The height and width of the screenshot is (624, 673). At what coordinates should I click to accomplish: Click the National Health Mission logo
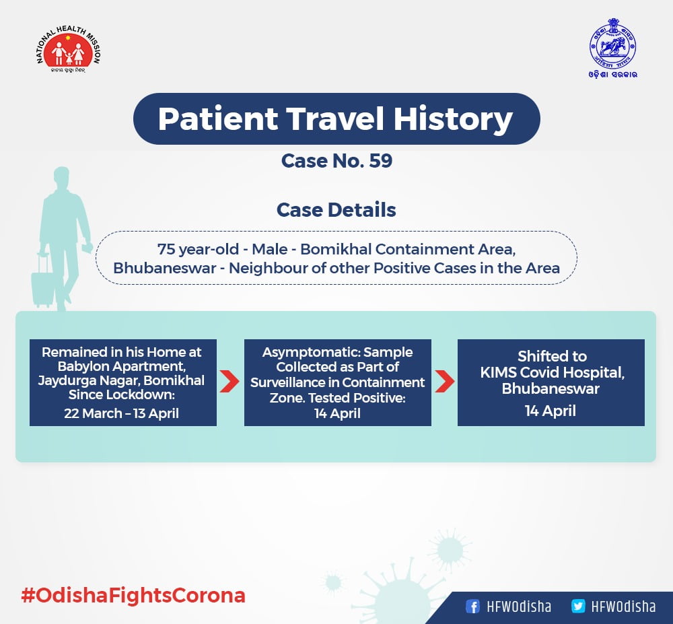tap(68, 49)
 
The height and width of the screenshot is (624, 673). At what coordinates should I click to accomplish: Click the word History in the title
tap(453, 119)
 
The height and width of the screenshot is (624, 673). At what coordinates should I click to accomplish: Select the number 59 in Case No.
tap(381, 161)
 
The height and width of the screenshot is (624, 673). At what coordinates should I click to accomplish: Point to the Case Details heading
tap(336, 210)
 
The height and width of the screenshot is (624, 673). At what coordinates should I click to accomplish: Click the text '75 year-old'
tap(198, 249)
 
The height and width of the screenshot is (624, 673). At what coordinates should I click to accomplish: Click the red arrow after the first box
tap(229, 381)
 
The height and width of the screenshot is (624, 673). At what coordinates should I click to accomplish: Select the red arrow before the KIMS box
tap(444, 381)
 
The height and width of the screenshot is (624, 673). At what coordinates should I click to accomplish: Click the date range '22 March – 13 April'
tap(121, 413)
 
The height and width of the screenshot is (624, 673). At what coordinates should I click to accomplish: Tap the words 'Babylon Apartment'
tap(121, 366)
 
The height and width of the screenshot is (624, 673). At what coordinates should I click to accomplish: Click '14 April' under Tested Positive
tap(337, 413)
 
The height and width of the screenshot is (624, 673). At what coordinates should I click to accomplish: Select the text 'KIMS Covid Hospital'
tap(552, 372)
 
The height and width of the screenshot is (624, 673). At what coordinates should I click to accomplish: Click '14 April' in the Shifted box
tap(551, 411)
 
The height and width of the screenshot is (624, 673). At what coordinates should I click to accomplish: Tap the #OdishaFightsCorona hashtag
tap(133, 596)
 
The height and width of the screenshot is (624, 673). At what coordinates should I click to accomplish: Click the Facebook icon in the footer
tap(472, 606)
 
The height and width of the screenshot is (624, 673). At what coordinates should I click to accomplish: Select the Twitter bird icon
tap(578, 606)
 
